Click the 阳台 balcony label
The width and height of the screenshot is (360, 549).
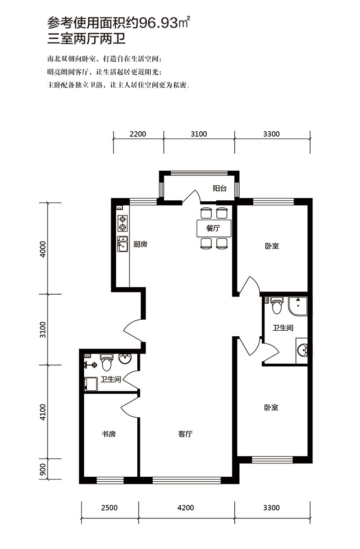click(x=220, y=188)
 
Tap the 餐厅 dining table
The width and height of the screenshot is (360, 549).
click(x=214, y=228)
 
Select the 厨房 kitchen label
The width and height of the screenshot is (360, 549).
click(x=140, y=244)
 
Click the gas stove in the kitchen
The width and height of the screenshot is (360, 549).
click(x=123, y=223)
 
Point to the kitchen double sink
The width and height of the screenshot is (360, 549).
click(x=123, y=244)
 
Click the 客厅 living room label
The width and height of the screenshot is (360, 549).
click(x=185, y=434)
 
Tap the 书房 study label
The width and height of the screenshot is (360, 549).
click(x=108, y=434)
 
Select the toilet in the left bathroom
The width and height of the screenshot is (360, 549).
click(x=107, y=362)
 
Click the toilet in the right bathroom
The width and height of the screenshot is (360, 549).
click(x=277, y=306)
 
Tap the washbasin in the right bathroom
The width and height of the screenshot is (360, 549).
click(x=302, y=350)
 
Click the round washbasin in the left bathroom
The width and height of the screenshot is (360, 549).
click(x=125, y=359)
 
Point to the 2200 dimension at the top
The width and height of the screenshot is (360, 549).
click(x=138, y=134)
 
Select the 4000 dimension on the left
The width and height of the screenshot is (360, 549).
click(x=43, y=249)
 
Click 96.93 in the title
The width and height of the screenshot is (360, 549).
click(x=158, y=23)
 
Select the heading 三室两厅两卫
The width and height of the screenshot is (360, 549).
click(x=86, y=39)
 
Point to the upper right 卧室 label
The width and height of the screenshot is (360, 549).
click(x=272, y=246)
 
